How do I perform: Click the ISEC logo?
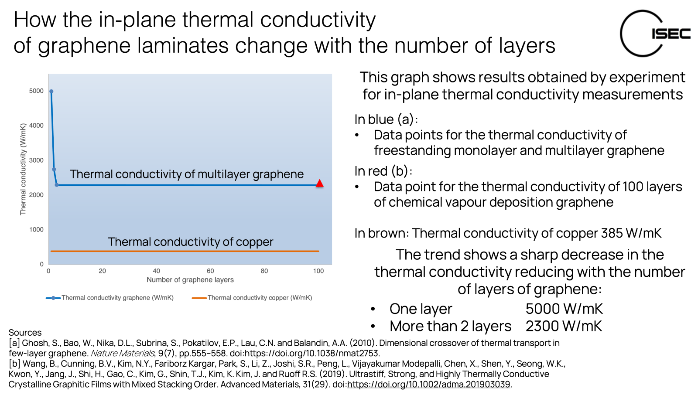pyautogui.click(x=654, y=32)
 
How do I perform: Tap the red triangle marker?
pyautogui.click(x=320, y=184)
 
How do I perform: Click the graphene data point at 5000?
pyautogui.click(x=51, y=92)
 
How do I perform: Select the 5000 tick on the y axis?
pyautogui.click(x=36, y=91)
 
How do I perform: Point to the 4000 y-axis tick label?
pyautogui.click(x=36, y=126)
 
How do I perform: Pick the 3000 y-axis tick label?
pyautogui.click(x=36, y=160)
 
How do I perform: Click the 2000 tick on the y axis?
pyautogui.click(x=36, y=195)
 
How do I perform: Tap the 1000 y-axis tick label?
pyautogui.click(x=36, y=230)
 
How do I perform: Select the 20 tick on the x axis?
pyautogui.click(x=102, y=271)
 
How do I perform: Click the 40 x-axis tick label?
pyautogui.click(x=156, y=271)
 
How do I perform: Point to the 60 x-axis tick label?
pyautogui.click(x=210, y=271)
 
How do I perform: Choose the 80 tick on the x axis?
pyautogui.click(x=264, y=271)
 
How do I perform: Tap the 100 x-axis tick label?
pyautogui.click(x=318, y=271)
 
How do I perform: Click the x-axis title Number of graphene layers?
pyautogui.click(x=190, y=280)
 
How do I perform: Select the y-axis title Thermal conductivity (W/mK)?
pyautogui.click(x=23, y=169)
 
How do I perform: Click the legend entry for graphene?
pyautogui.click(x=110, y=298)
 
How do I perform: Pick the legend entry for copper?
pyautogui.click(x=252, y=298)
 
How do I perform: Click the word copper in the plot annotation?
pyautogui.click(x=254, y=242)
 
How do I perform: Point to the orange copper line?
pyautogui.click(x=185, y=251)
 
